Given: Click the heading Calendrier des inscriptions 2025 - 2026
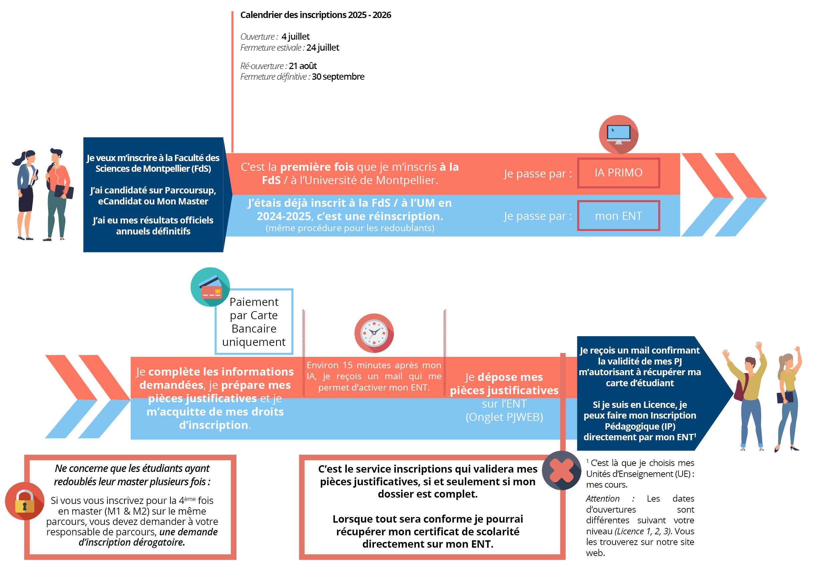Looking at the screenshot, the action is pyautogui.click(x=315, y=15).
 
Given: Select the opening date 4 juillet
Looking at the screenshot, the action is pyautogui.click(x=295, y=37).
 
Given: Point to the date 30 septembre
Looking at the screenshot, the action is pyautogui.click(x=338, y=77).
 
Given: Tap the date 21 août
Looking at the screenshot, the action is pyautogui.click(x=302, y=66).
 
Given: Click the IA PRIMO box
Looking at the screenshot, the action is pyautogui.click(x=619, y=173).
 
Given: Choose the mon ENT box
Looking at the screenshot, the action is pyautogui.click(x=619, y=216).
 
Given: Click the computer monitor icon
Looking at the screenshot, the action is pyautogui.click(x=619, y=134).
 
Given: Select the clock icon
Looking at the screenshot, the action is pyautogui.click(x=374, y=333).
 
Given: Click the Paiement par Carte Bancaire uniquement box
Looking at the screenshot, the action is pyautogui.click(x=254, y=322).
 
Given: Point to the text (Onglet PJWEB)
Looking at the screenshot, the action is pyautogui.click(x=504, y=417).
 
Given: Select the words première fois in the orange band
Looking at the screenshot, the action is pyautogui.click(x=317, y=167).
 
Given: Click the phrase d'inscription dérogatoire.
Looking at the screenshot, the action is pyautogui.click(x=132, y=542).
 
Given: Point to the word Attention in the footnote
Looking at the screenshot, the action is pyautogui.click(x=603, y=499).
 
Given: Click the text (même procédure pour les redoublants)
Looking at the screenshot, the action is pyautogui.click(x=350, y=228).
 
